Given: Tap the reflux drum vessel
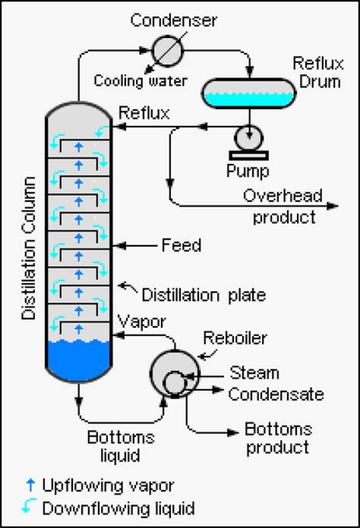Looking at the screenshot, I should pyautogui.click(x=248, y=93).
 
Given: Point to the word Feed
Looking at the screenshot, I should pyautogui.click(x=181, y=246).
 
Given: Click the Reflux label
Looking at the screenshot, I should pyautogui.click(x=143, y=113).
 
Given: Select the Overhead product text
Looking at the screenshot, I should pyautogui.click(x=283, y=206).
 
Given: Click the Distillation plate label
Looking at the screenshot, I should pyautogui.click(x=203, y=295).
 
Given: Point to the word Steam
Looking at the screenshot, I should pyautogui.click(x=254, y=373).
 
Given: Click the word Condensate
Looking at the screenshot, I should pyautogui.click(x=276, y=394).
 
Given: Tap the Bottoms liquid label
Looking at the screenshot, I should pyautogui.click(x=120, y=446).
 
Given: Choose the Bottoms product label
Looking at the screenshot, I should pyautogui.click(x=278, y=438).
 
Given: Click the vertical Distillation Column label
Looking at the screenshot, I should pyautogui.click(x=30, y=248).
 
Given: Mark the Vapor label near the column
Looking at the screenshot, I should pyautogui.click(x=141, y=322).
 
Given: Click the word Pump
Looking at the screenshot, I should pyautogui.click(x=247, y=170).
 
